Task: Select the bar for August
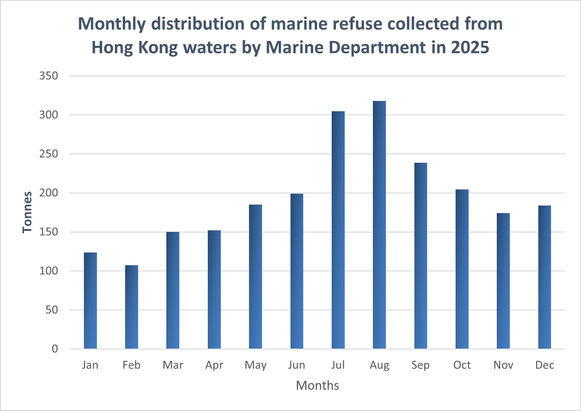click(x=379, y=225)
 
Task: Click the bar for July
click(x=338, y=230)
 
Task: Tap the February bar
click(x=131, y=307)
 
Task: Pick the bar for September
click(x=421, y=256)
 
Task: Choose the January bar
click(x=90, y=301)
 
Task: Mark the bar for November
click(x=503, y=281)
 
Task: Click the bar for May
click(x=255, y=277)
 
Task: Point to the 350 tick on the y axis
click(x=48, y=76)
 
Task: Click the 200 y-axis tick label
click(x=48, y=193)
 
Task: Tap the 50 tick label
click(x=51, y=310)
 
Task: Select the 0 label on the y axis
click(x=55, y=349)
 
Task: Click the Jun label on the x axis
click(x=297, y=365)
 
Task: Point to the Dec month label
click(x=545, y=365)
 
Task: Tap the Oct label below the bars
click(x=462, y=365)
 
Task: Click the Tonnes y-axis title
click(x=27, y=212)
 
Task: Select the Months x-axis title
click(x=317, y=386)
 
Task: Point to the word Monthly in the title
click(x=112, y=24)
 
